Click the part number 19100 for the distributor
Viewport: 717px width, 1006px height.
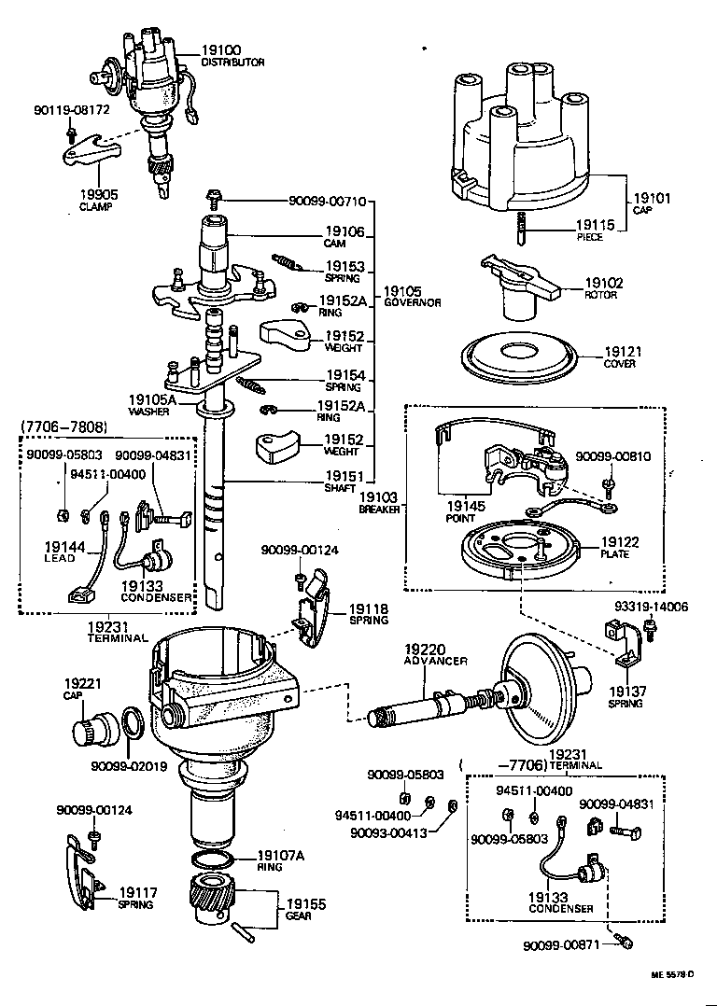pos(220,49)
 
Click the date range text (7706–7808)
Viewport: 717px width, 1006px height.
pos(63,427)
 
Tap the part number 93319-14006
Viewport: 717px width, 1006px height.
pos(651,607)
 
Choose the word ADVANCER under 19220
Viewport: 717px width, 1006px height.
pos(435,661)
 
